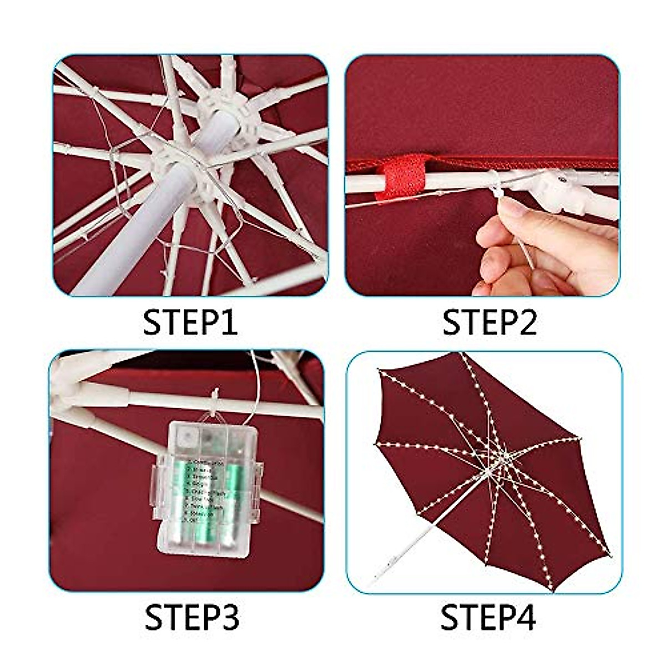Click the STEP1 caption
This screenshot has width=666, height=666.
point(190,322)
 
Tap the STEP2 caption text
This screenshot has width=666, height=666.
point(489,322)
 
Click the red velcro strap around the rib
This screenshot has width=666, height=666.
point(401,176)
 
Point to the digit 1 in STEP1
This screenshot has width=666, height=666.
point(229,322)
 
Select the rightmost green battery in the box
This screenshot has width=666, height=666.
point(231,500)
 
